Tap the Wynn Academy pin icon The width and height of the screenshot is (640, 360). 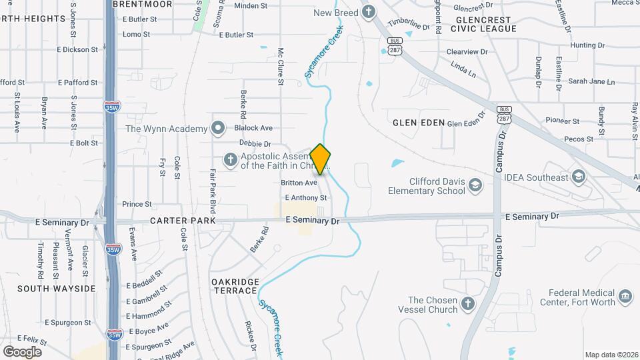pos(218,128)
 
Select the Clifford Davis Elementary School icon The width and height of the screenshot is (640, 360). pos(475,185)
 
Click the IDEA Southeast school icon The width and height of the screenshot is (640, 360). pos(579,177)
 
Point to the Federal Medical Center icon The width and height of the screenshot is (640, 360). pos(625,297)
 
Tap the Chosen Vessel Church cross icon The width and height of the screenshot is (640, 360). pos(468,305)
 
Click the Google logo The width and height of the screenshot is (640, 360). pos(22,351)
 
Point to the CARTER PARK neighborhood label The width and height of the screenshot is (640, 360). pos(183,221)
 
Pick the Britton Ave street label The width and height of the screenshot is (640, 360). pos(299,183)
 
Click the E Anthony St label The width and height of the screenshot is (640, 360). pos(305,198)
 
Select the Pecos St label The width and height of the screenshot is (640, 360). pos(579,139)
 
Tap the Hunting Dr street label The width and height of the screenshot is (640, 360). pos(587,45)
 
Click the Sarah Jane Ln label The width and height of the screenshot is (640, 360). pos(591,81)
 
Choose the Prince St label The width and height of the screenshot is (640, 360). pos(137,204)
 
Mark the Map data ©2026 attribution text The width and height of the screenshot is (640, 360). pos(611,355)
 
